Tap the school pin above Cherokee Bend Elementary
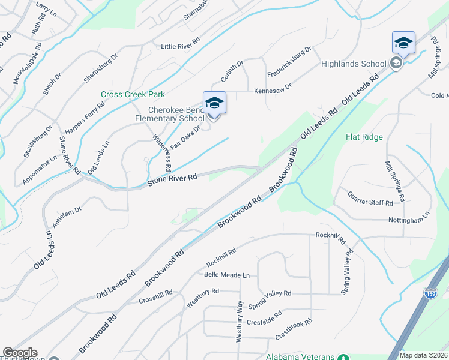tap(214, 103)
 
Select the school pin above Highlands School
tap(403, 43)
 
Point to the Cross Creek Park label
tap(133, 94)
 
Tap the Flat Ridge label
tap(364, 137)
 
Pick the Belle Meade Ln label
tap(226, 275)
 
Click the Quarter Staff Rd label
tap(370, 197)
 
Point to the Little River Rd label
tap(180, 46)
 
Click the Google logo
tap(19, 353)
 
